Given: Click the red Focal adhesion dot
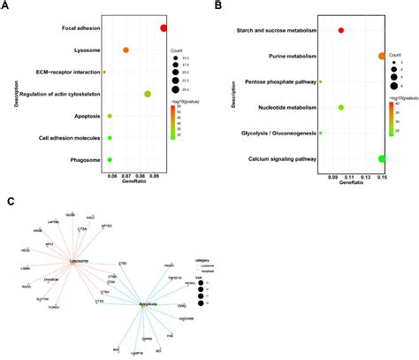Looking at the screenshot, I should point(164,28).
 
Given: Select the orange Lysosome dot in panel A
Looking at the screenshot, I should point(126,50).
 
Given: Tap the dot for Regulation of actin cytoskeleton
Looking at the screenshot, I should point(148,94).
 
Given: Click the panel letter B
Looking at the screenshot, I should point(217,7).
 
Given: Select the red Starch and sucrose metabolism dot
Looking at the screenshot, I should point(342,31).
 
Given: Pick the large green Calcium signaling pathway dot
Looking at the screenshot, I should point(382,159).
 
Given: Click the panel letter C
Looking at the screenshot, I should point(10,202).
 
